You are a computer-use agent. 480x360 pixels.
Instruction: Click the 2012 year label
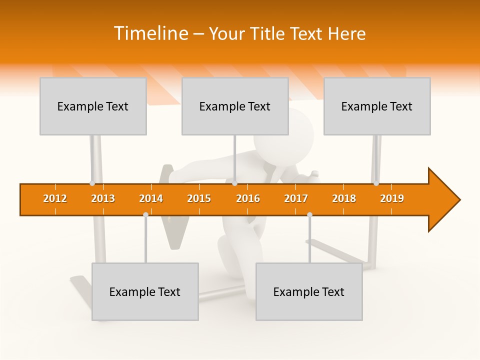55,198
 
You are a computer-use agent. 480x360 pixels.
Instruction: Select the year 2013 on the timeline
103,198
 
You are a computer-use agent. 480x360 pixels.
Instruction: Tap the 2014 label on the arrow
151,198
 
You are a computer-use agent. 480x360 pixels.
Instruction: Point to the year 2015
199,198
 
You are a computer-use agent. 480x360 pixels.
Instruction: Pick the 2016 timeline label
248,198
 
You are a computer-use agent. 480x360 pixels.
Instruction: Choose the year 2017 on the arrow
296,198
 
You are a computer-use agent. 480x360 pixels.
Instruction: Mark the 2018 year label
344,198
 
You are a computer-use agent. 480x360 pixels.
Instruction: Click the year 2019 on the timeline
392,198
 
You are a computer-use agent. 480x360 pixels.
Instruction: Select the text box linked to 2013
93,106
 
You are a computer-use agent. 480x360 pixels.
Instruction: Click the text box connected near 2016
235,106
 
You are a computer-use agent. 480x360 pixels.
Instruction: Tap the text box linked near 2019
377,106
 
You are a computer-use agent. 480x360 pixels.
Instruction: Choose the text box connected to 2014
145,291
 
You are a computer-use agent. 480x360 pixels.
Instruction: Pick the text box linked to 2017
309,291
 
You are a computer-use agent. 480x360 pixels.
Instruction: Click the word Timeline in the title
150,33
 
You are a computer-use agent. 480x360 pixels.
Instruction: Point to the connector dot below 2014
145,214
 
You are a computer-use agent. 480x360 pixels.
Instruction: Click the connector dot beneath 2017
309,214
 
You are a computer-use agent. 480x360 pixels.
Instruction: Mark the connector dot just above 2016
235,183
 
